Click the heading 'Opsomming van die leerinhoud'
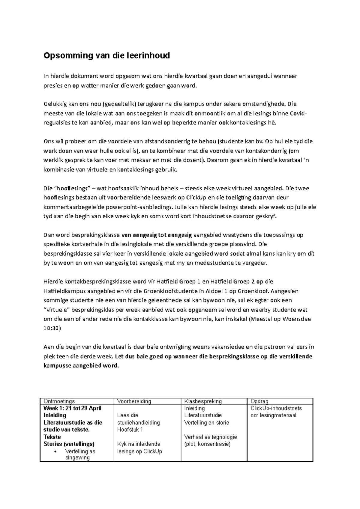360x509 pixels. pos(106,56)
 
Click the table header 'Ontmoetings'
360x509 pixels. pos(59,401)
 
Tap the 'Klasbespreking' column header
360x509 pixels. pos(203,401)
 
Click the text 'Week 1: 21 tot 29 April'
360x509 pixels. pos(72,408)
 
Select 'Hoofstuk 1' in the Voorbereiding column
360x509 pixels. pos(130,429)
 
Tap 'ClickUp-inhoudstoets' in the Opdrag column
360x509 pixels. pos(276,408)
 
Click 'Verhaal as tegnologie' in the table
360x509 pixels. pos(210,437)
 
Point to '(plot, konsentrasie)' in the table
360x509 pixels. pos(207,444)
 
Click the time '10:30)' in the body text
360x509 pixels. pos(52,328)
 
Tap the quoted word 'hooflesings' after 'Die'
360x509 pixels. pos(72,189)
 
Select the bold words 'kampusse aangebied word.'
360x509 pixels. pos(81,366)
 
